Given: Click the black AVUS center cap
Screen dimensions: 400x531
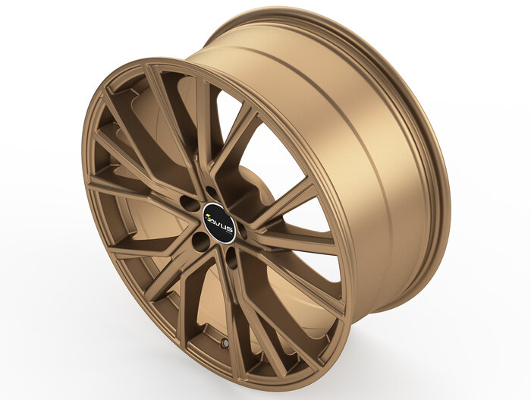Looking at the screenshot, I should [219, 223].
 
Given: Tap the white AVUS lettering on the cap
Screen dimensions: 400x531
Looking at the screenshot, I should [222, 225].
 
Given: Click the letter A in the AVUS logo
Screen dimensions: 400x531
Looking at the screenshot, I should [212, 221].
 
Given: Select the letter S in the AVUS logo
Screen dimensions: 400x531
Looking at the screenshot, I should [230, 231].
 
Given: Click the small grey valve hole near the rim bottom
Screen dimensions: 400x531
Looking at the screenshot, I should [225, 343].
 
